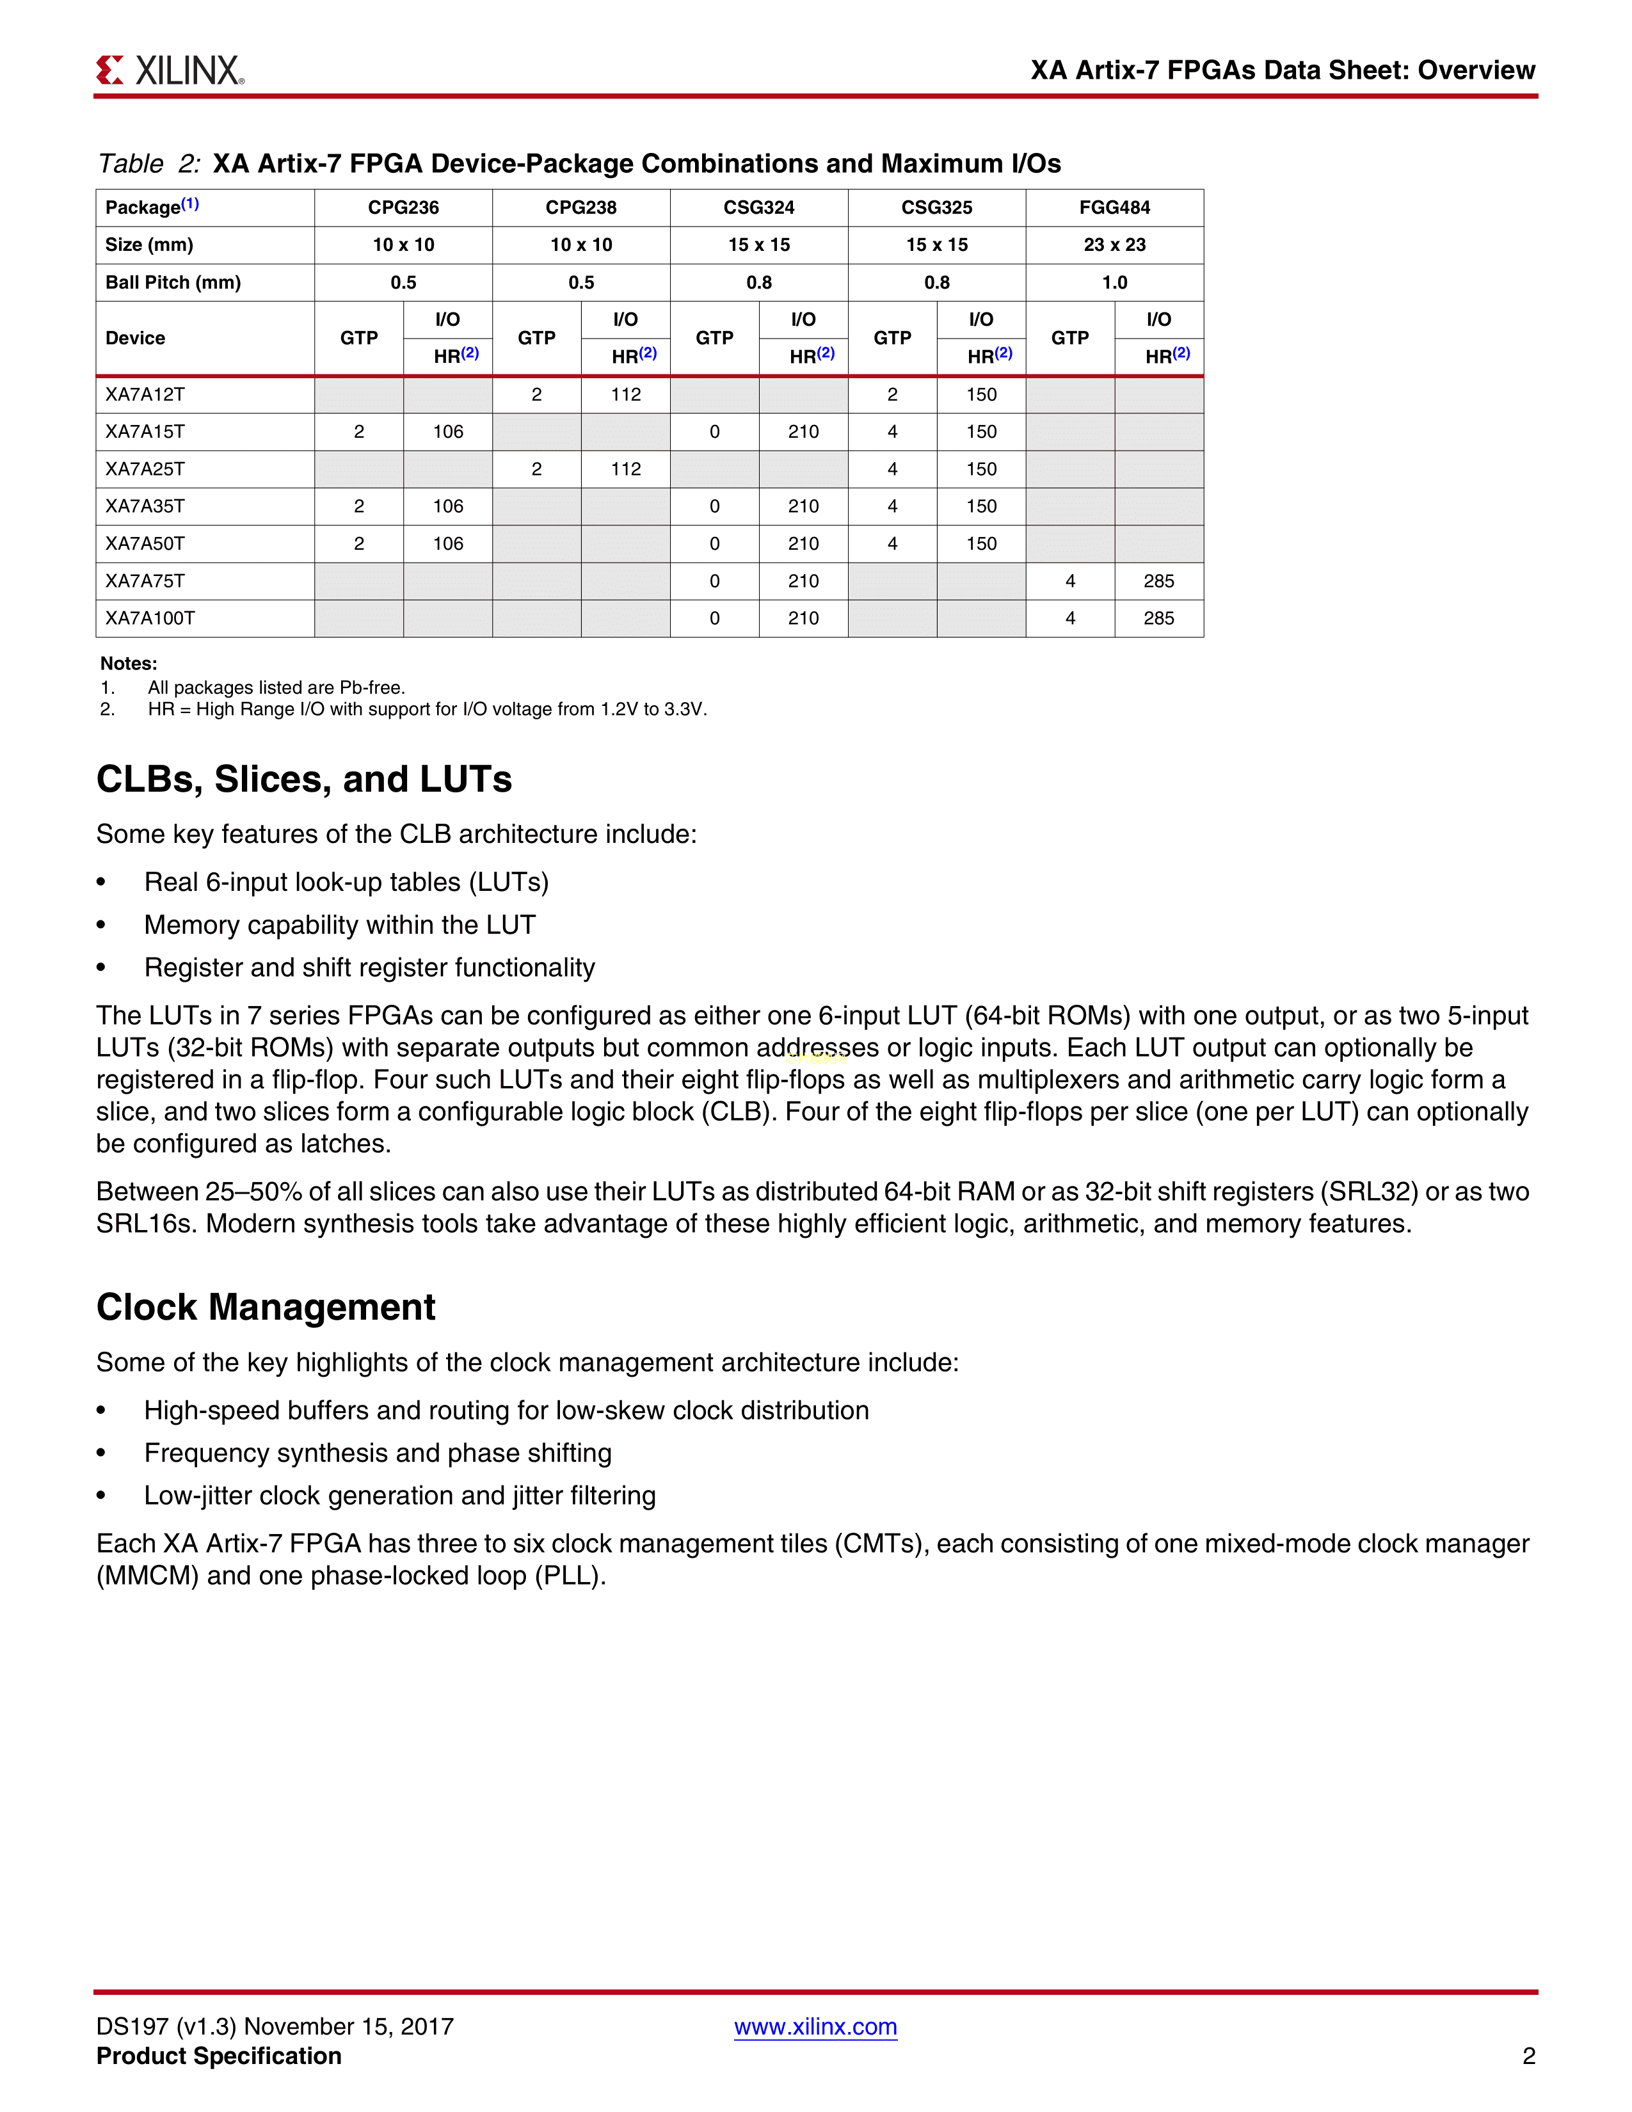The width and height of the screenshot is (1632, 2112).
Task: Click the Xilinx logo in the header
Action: pyautogui.click(x=170, y=70)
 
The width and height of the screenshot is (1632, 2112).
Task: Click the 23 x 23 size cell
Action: pyautogui.click(x=1114, y=244)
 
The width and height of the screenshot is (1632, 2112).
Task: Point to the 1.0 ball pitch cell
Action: pyautogui.click(x=1114, y=282)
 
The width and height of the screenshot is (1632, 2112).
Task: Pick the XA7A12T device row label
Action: pyautogui.click(x=145, y=394)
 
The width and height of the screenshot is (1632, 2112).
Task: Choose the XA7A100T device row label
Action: pyautogui.click(x=150, y=618)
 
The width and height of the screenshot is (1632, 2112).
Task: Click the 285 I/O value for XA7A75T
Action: pyautogui.click(x=1158, y=581)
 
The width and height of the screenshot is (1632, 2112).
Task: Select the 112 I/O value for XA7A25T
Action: pyautogui.click(x=625, y=469)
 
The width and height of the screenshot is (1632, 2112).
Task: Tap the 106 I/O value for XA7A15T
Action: pyautogui.click(x=447, y=432)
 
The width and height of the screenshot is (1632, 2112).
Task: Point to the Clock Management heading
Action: pyautogui.click(x=266, y=1308)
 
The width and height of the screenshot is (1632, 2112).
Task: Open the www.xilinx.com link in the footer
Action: pyautogui.click(x=815, y=2027)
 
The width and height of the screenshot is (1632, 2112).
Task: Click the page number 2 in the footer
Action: pyautogui.click(x=1528, y=2056)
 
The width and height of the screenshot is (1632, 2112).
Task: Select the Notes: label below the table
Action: pyautogui.click(x=129, y=664)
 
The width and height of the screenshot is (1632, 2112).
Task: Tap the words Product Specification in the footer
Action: pyautogui.click(x=218, y=2056)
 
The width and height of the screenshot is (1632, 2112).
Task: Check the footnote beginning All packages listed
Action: pyautogui.click(x=276, y=687)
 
